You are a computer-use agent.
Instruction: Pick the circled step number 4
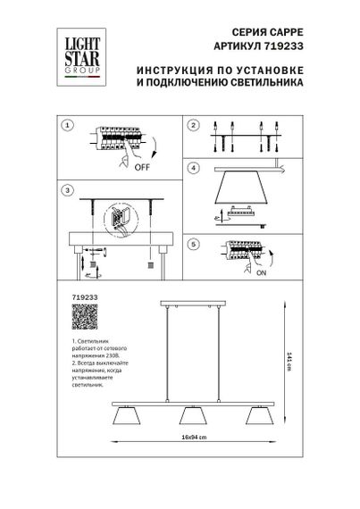tap(192, 167)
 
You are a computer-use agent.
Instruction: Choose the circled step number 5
tap(192, 242)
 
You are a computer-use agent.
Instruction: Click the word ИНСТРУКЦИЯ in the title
tap(167, 70)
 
